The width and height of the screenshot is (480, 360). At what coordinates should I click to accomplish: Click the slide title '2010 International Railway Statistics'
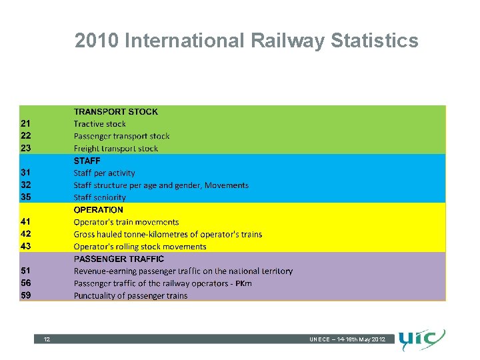tap(247, 41)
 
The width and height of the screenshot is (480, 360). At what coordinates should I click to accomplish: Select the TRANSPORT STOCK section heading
tap(115, 112)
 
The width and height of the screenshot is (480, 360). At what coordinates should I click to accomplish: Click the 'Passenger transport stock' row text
tap(121, 136)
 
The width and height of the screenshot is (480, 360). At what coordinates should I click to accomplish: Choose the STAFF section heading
tap(87, 161)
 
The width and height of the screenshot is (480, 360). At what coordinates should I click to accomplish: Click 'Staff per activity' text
tap(104, 173)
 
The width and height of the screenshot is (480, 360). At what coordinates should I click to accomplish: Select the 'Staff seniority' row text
tap(99, 197)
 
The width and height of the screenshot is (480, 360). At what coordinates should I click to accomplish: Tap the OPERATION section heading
tap(98, 209)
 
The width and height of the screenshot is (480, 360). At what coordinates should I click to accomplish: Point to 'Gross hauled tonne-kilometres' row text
tap(167, 234)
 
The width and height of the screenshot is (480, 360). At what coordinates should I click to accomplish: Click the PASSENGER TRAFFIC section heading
tap(118, 259)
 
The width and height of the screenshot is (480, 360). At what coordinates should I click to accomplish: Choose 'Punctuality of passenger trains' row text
tap(130, 295)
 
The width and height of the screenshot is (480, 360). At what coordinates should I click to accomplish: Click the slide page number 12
tap(47, 340)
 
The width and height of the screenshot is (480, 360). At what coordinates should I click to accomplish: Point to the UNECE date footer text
tap(347, 340)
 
